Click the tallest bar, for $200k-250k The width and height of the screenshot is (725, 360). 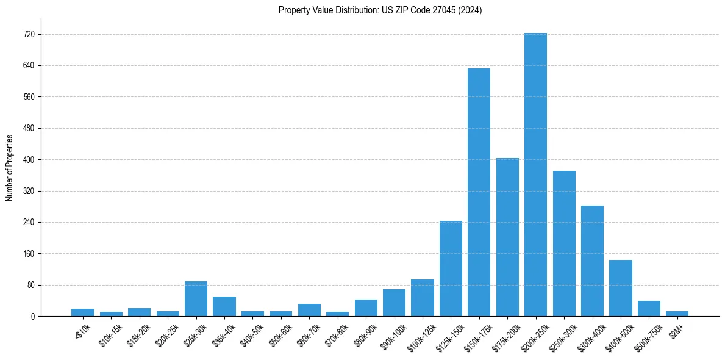tap(535, 175)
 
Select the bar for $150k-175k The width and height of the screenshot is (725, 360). tap(479, 192)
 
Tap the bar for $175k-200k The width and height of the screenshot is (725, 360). tap(507, 237)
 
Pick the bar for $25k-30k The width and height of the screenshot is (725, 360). tap(196, 299)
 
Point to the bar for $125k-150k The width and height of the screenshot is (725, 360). tap(451, 268)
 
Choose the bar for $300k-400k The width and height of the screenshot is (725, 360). tap(592, 261)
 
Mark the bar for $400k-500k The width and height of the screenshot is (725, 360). tap(620, 288)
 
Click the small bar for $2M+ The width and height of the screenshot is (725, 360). tap(677, 314)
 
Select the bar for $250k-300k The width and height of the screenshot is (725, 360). tap(564, 243)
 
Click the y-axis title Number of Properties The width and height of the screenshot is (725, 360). tap(10, 167)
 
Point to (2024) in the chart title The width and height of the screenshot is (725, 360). tap(471, 10)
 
